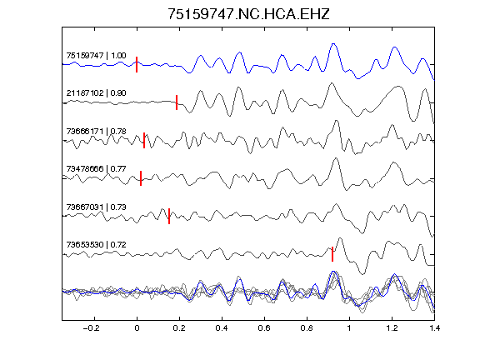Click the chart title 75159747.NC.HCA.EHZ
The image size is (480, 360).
pyautogui.click(x=248, y=14)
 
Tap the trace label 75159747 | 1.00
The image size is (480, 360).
pyautogui.click(x=96, y=55)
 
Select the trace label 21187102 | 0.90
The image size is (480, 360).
pyautogui.click(x=96, y=92)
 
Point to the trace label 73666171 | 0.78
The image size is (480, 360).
pyautogui.click(x=96, y=132)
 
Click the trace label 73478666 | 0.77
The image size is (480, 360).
pyautogui.click(x=96, y=168)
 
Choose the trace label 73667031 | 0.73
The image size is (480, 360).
pyautogui.click(x=96, y=207)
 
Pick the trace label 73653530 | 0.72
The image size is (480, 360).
pyautogui.click(x=96, y=245)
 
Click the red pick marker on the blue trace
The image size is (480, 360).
pyautogui.click(x=137, y=65)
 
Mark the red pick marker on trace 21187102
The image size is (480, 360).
pyautogui.click(x=177, y=102)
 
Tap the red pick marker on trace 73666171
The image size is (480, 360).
pyautogui.click(x=144, y=140)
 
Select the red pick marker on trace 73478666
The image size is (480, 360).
pyautogui.click(x=141, y=178)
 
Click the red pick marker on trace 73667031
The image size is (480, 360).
pyautogui.click(x=169, y=216)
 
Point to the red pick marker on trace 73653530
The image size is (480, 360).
pyautogui.click(x=332, y=254)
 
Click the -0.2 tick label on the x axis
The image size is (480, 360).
pyautogui.click(x=91, y=328)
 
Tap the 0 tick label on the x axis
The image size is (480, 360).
pyautogui.click(x=137, y=328)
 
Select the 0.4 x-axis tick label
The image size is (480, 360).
pyautogui.click(x=222, y=328)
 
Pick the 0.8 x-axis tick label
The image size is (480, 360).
pyautogui.click(x=307, y=328)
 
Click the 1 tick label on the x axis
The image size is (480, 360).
pyautogui.click(x=349, y=328)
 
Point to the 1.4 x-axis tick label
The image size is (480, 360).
pyautogui.click(x=435, y=328)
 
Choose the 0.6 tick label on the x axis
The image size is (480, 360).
pyautogui.click(x=264, y=328)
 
